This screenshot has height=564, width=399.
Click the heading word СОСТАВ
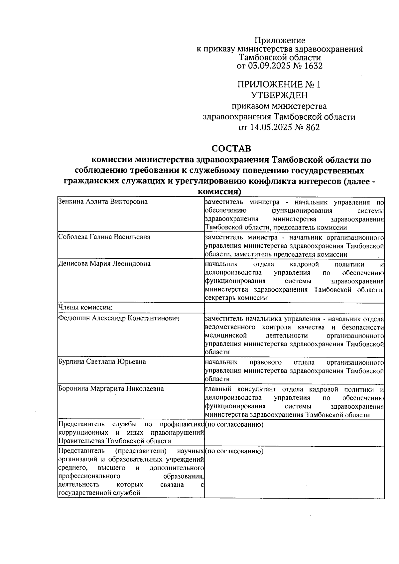coord(231,148)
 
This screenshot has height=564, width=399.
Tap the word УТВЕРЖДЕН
coord(279,95)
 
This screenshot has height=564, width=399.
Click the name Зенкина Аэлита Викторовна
coord(103,202)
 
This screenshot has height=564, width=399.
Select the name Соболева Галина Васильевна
coord(104,237)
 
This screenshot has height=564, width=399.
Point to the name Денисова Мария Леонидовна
coord(104,264)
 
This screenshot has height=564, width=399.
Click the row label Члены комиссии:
coord(85,307)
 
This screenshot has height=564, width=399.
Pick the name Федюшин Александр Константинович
coord(119,318)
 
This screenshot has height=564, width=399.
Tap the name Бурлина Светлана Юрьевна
coord(102,361)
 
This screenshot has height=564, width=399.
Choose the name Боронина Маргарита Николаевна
coord(111,388)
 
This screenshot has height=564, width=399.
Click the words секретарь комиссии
coord(236,298)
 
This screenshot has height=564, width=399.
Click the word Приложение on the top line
coord(280,41)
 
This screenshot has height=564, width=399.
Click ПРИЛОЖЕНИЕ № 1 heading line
coord(279,84)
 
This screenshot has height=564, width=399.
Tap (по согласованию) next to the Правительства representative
coord(234,425)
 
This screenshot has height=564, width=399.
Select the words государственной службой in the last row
coord(98,493)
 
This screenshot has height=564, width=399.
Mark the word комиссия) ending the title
coord(219,192)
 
